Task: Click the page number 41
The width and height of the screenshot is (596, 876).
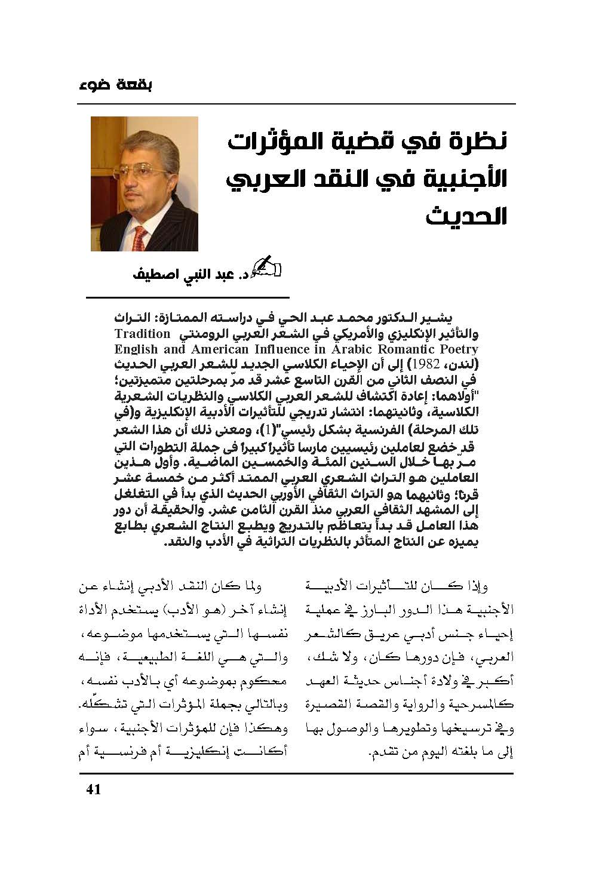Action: coord(94,789)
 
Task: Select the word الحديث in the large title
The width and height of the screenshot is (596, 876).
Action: coord(467,216)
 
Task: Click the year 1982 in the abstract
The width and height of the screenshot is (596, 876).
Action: coord(428,364)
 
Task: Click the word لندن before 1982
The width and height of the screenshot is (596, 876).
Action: coord(461,364)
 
